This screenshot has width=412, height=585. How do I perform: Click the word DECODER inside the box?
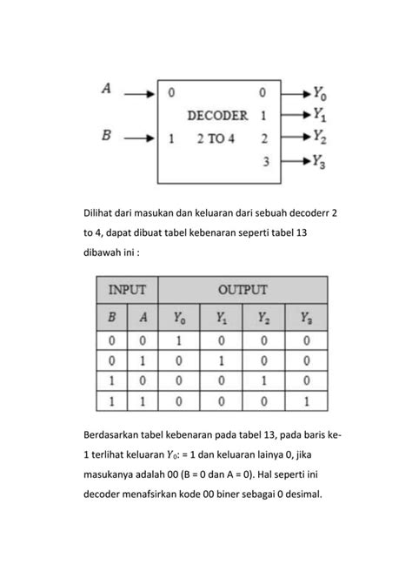pyautogui.click(x=217, y=114)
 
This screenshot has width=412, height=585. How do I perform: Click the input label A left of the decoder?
pyautogui.click(x=107, y=88)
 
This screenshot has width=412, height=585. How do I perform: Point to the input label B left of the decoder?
pyautogui.click(x=107, y=137)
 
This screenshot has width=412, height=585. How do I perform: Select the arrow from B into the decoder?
pyautogui.click(x=140, y=138)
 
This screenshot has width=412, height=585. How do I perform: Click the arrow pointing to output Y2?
pyautogui.click(x=292, y=138)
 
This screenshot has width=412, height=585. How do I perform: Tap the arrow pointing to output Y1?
pyautogui.click(x=292, y=114)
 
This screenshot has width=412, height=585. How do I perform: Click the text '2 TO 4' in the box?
pyautogui.click(x=216, y=138)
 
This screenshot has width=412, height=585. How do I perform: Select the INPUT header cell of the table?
pyautogui.click(x=127, y=290)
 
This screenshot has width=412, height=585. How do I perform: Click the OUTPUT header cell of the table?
pyautogui.click(x=243, y=290)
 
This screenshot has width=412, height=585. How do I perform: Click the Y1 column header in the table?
pyautogui.click(x=222, y=318)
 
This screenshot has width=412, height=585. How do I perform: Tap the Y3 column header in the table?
pyautogui.click(x=307, y=318)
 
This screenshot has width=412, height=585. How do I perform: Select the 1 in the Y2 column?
pyautogui.click(x=264, y=380)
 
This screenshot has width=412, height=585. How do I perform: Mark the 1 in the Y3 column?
pyautogui.click(x=307, y=400)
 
